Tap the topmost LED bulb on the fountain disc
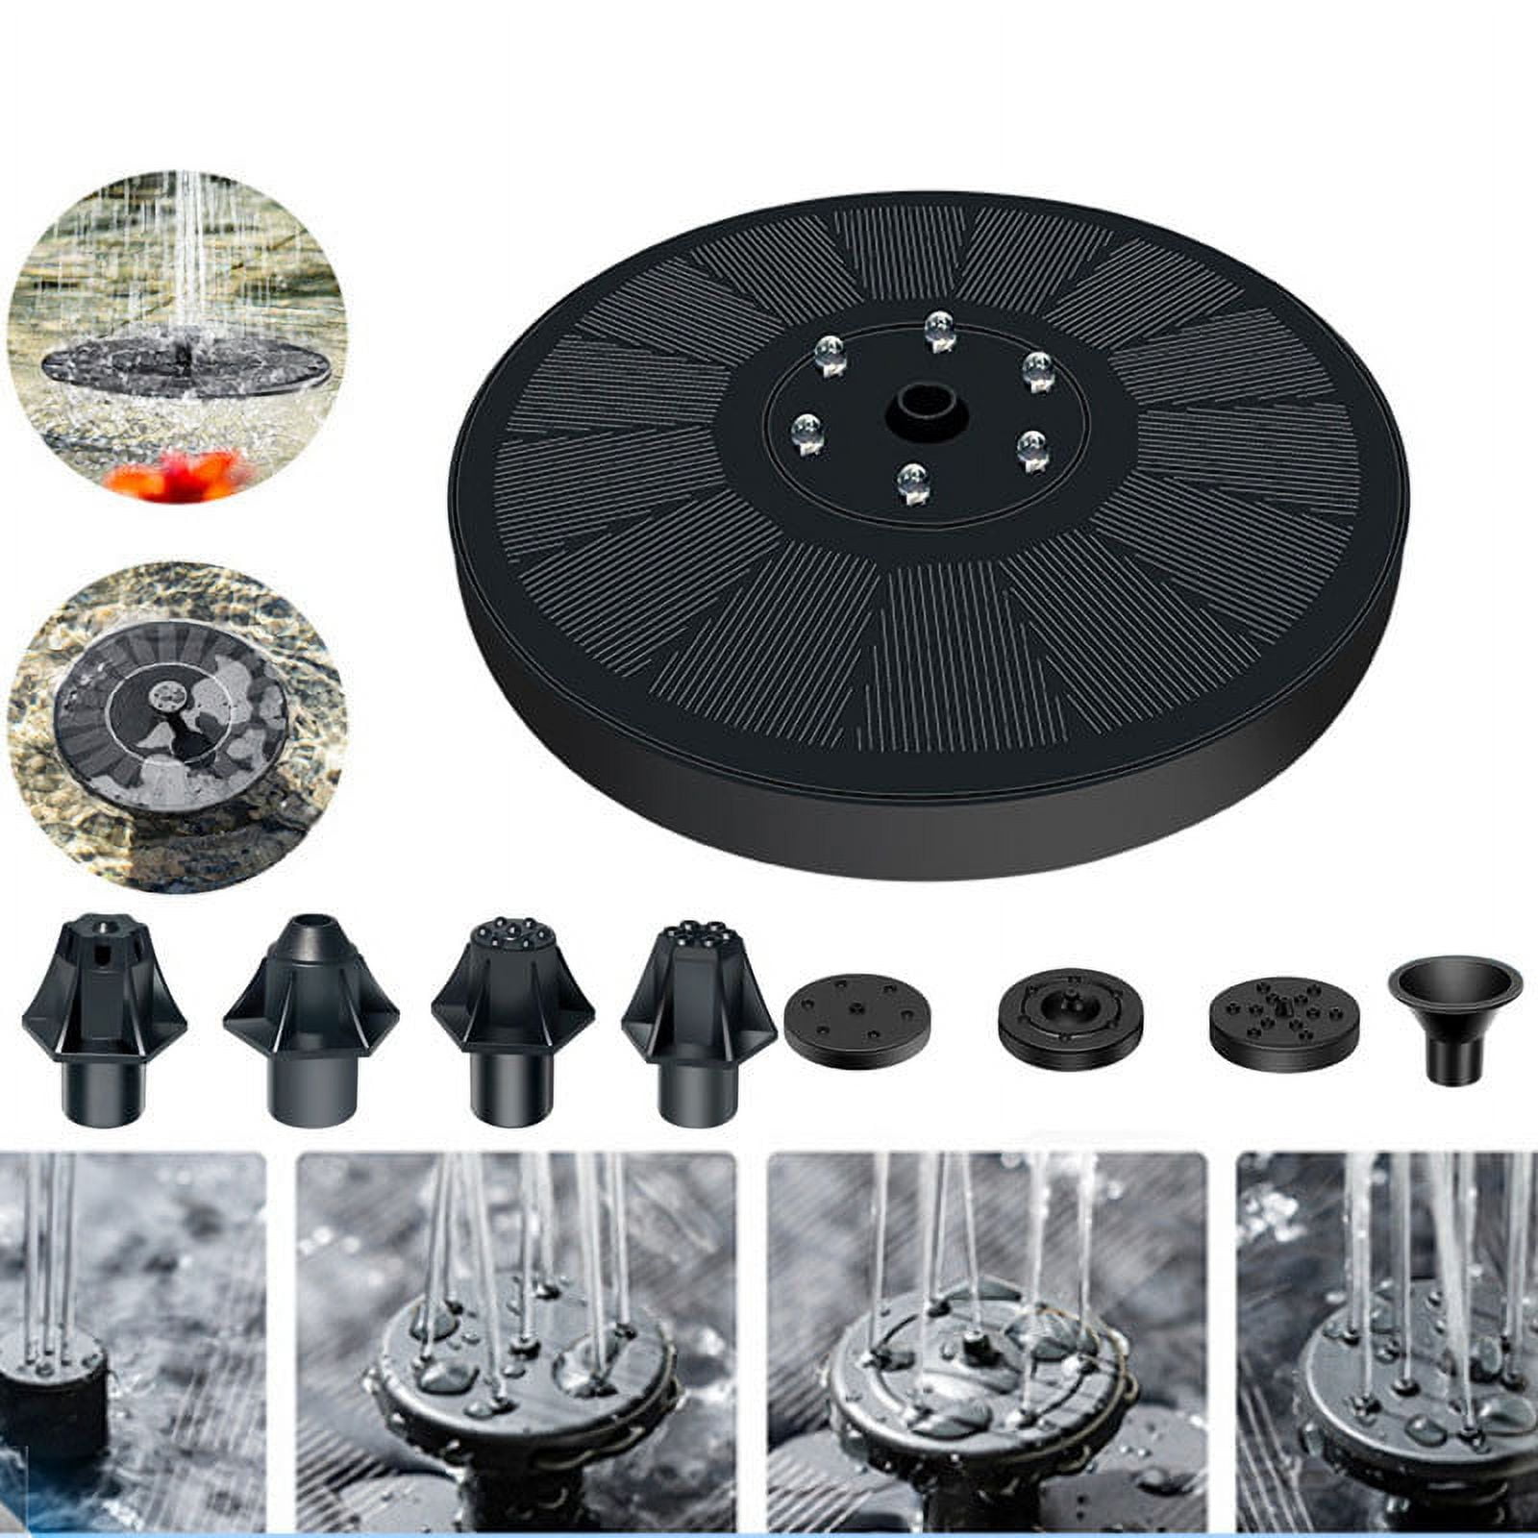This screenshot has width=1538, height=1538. tap(939, 329)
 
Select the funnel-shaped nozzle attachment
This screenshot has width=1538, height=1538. tap(1455, 1017)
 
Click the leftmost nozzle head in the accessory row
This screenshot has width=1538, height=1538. tap(103, 1021)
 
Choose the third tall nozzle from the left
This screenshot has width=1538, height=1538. tap(512, 1021)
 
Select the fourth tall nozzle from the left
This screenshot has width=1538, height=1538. tap(699, 1021)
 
